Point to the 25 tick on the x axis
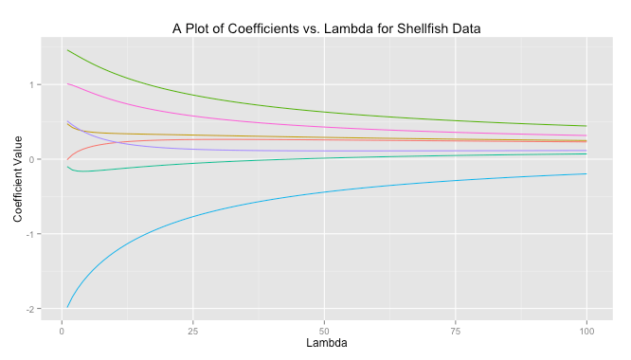pyautogui.click(x=193, y=331)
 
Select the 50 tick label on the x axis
pyautogui.click(x=324, y=331)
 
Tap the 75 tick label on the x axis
pyautogui.click(x=456, y=331)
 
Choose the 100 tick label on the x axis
pyautogui.click(x=587, y=331)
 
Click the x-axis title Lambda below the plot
pyautogui.click(x=324, y=345)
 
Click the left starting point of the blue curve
pyautogui.click(x=67, y=307)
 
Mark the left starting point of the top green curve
pyautogui.click(x=67, y=50)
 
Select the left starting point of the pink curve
pyautogui.click(x=67, y=83)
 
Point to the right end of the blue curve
pyautogui.click(x=587, y=173)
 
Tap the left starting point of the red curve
pyautogui.click(x=67, y=159)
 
